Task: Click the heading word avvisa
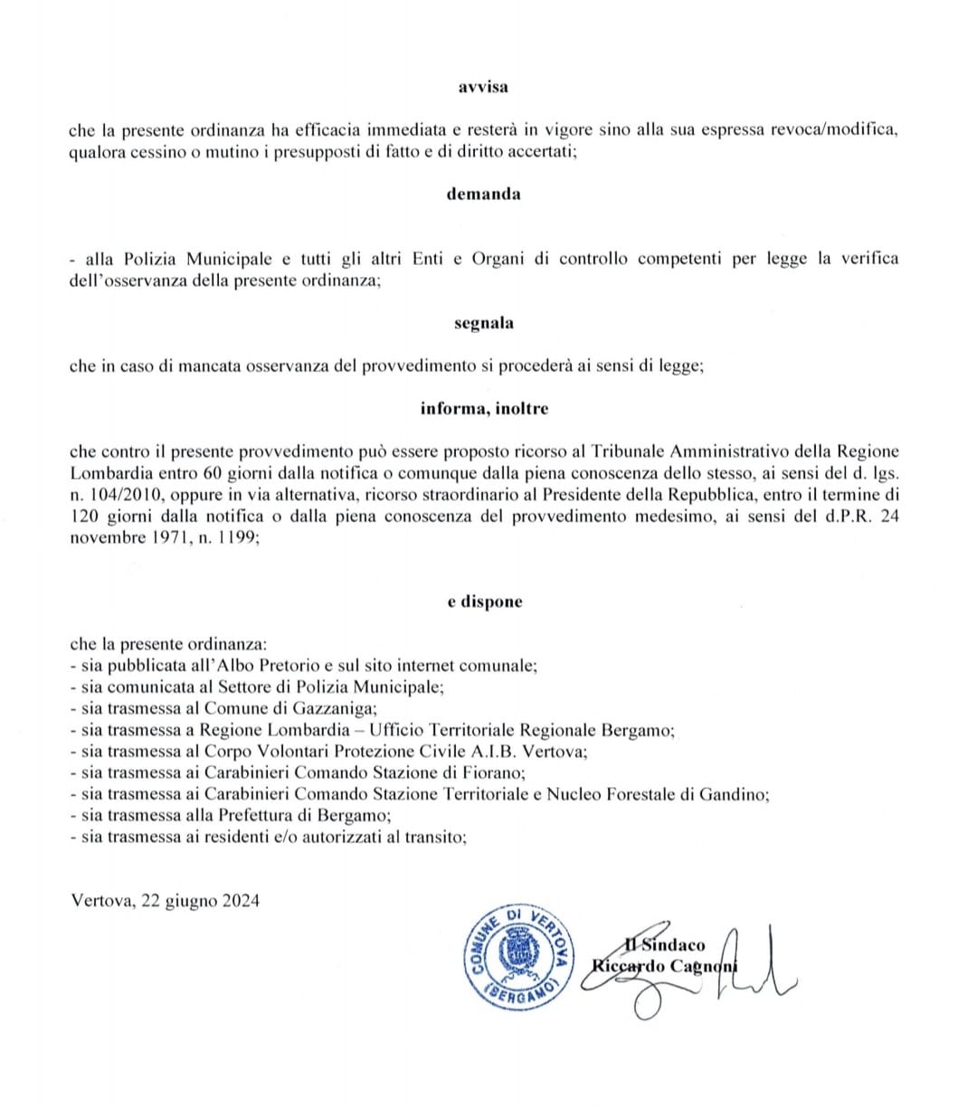pyautogui.click(x=483, y=87)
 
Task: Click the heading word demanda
pyautogui.click(x=483, y=194)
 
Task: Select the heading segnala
pyautogui.click(x=484, y=323)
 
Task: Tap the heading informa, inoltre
pyautogui.click(x=484, y=408)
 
